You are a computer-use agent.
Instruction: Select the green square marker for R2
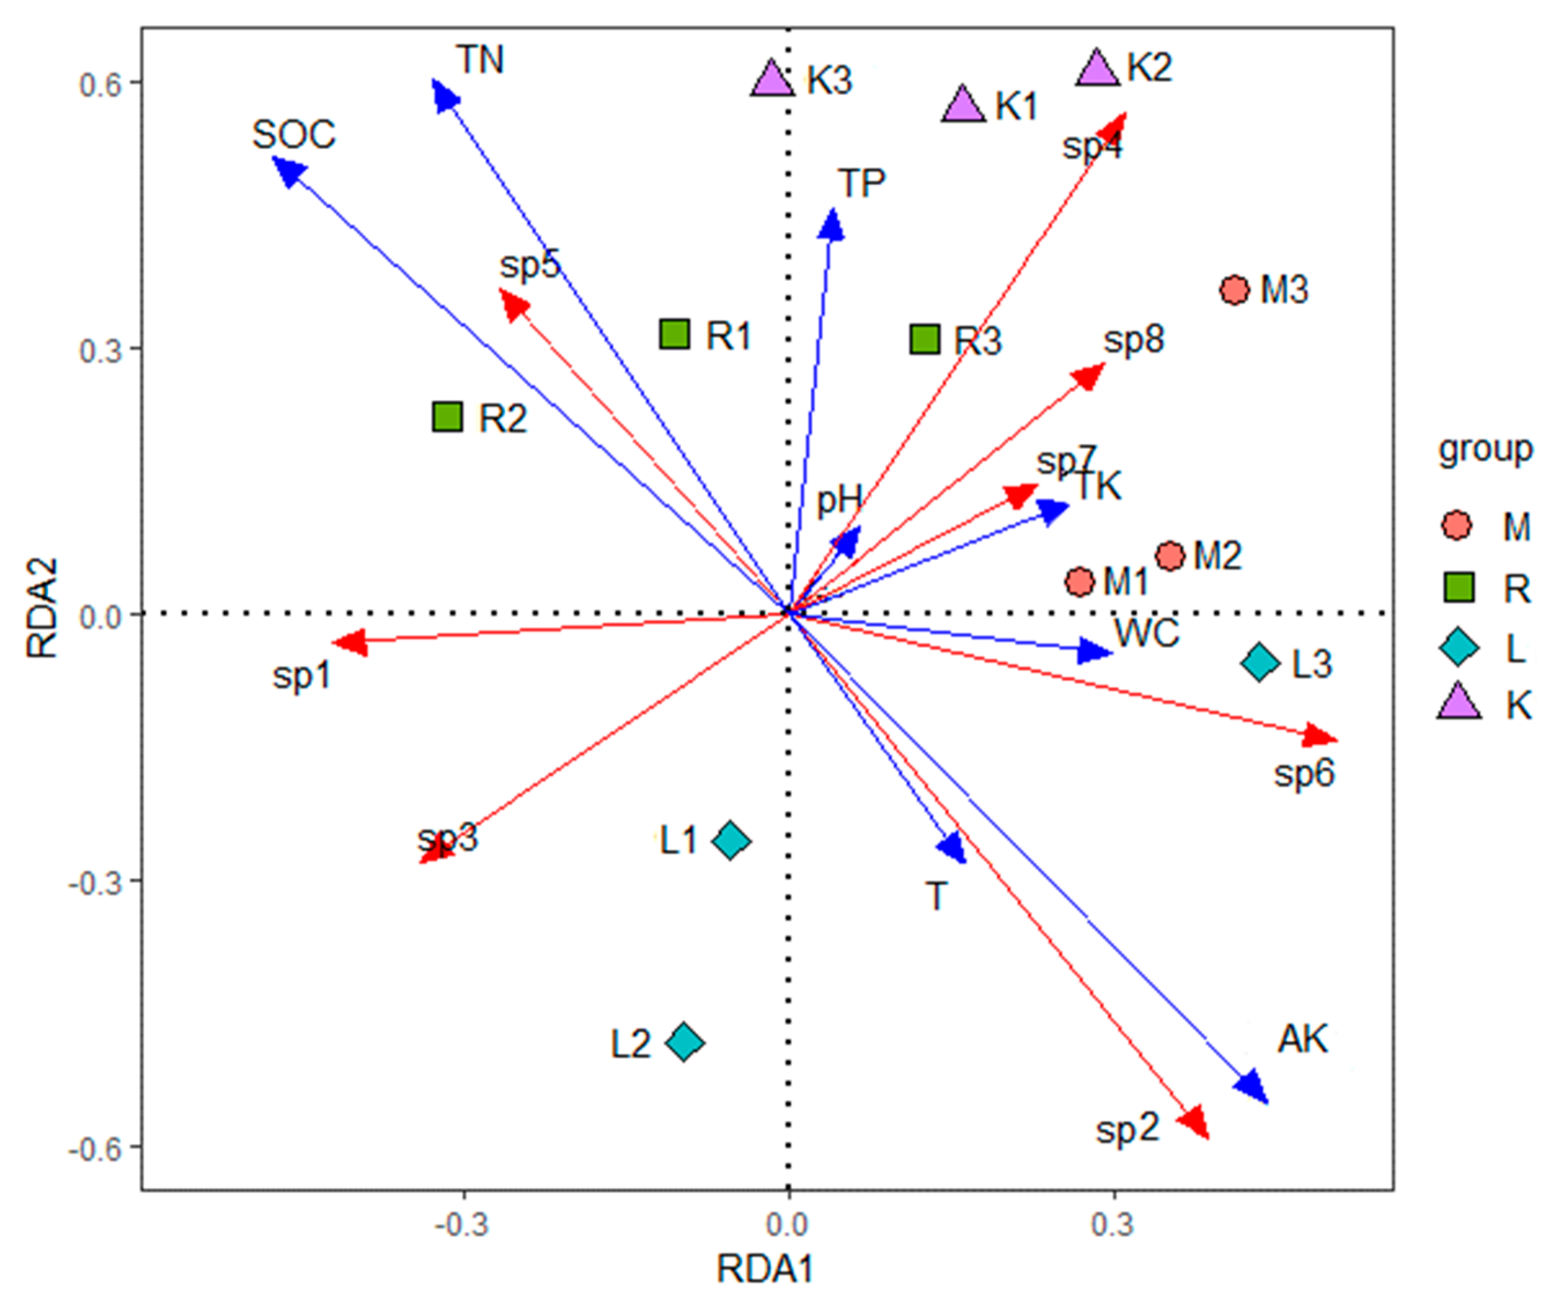(x=448, y=417)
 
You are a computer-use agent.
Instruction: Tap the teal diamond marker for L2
(x=685, y=1042)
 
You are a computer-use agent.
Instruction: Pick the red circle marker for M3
(x=1234, y=290)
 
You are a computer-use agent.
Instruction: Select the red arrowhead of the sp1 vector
(x=347, y=642)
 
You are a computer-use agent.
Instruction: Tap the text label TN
(x=480, y=60)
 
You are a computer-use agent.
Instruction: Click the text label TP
(x=861, y=183)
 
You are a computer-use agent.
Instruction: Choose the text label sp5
(x=530, y=265)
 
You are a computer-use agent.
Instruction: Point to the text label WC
(x=1147, y=633)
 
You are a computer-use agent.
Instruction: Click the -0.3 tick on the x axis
(x=463, y=1225)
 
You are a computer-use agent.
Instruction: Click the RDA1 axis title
(x=765, y=1269)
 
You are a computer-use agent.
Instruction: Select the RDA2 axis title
(x=42, y=608)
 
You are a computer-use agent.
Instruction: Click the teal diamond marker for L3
(x=1260, y=662)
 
